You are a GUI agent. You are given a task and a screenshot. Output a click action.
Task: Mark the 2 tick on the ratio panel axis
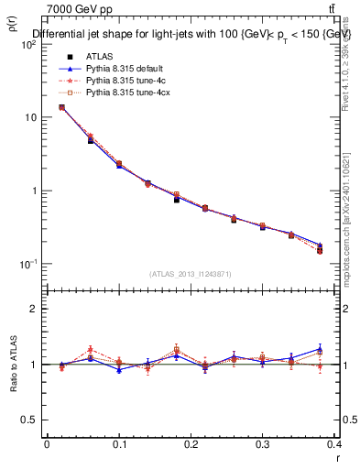tap(32, 309)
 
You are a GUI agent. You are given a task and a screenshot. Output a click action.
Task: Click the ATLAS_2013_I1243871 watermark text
tap(191, 274)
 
